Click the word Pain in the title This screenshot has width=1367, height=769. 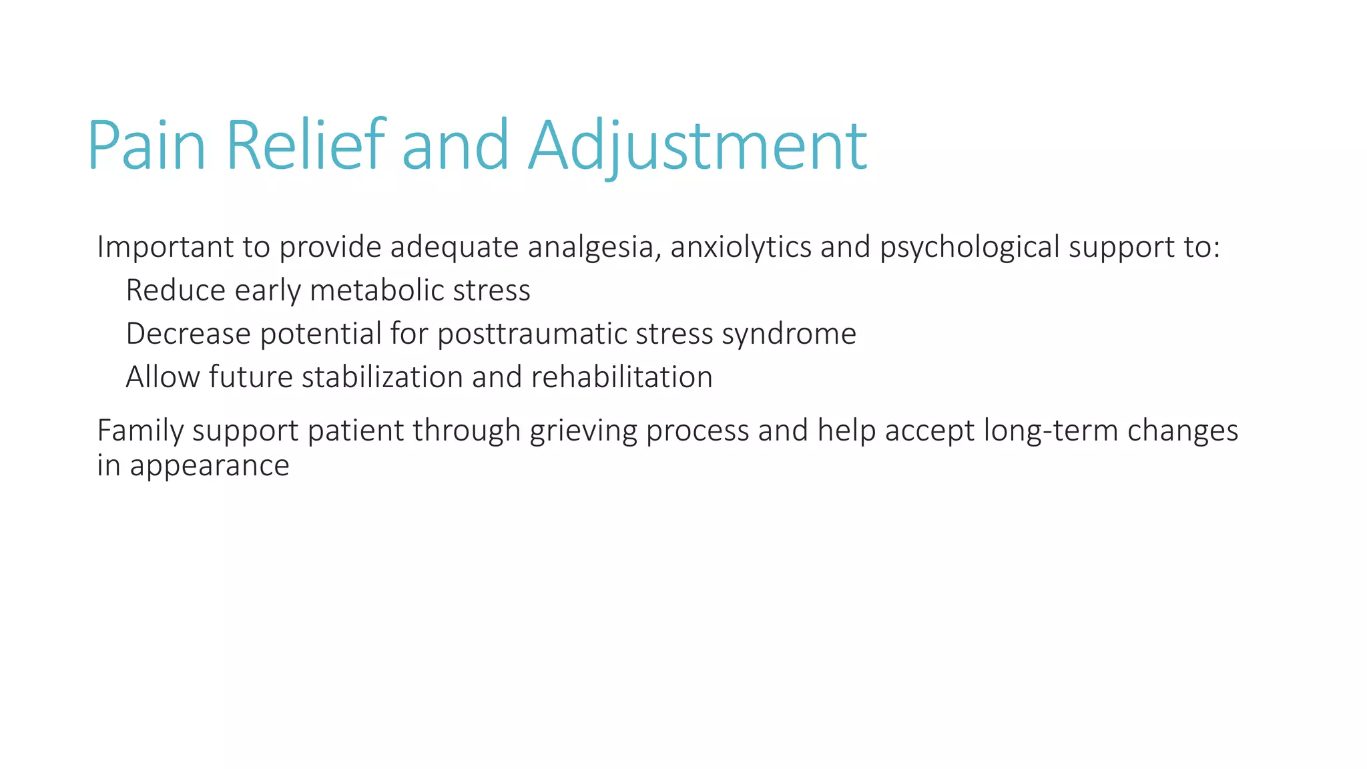pyautogui.click(x=146, y=146)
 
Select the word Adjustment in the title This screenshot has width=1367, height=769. pyautogui.click(x=698, y=146)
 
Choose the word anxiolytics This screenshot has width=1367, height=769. pyautogui.click(x=741, y=247)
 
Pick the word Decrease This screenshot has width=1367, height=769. pyautogui.click(x=188, y=334)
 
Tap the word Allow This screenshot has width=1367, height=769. pyautogui.click(x=163, y=377)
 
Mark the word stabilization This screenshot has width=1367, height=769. pyautogui.click(x=382, y=377)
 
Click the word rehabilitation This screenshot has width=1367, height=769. pyautogui.click(x=622, y=377)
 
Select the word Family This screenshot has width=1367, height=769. pyautogui.click(x=140, y=431)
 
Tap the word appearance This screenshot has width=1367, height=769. pyautogui.click(x=210, y=466)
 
